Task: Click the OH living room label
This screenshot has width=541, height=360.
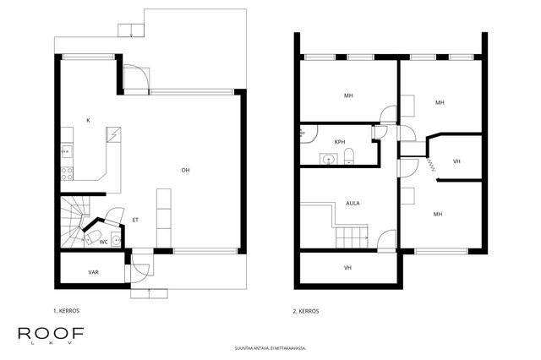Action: pyautogui.click(x=185, y=170)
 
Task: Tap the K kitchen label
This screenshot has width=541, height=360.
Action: pyautogui.click(x=88, y=120)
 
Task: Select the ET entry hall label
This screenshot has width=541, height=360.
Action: pyautogui.click(x=135, y=220)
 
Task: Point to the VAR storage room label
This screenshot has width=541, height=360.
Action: pyautogui.click(x=94, y=272)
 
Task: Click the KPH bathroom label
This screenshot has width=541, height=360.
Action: pyautogui.click(x=340, y=142)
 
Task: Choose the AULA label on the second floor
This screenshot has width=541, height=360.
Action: pyautogui.click(x=352, y=203)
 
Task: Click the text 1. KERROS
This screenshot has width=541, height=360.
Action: pyautogui.click(x=66, y=311)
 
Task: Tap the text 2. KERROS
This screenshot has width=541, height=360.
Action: pyautogui.click(x=306, y=311)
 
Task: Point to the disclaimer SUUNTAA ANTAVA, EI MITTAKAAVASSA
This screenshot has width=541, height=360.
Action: pyautogui.click(x=270, y=348)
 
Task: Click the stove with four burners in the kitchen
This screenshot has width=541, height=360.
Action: pyautogui.click(x=67, y=173)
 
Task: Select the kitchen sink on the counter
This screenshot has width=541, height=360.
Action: pyautogui.click(x=67, y=152)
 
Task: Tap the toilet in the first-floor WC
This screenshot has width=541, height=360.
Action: pyautogui.click(x=91, y=237)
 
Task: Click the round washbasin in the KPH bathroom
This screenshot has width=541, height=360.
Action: pyautogui.click(x=328, y=160)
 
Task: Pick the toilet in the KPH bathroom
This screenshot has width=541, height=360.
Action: pyautogui.click(x=349, y=155)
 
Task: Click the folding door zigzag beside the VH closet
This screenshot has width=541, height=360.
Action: pyautogui.click(x=430, y=165)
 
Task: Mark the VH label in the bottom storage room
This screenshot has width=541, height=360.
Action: pyautogui.click(x=347, y=268)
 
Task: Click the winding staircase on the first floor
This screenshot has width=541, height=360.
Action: pyautogui.click(x=74, y=221)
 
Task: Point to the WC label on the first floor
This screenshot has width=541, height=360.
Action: pyautogui.click(x=103, y=242)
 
